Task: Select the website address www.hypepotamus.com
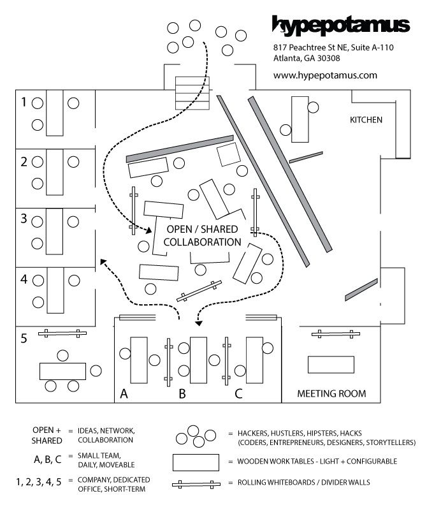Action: point(325,75)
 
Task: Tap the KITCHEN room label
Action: point(366,120)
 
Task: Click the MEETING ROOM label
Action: point(331,393)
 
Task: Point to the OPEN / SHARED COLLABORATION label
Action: point(202,236)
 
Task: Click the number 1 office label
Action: point(24,102)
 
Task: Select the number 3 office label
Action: point(24,219)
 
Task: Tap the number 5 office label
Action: point(24,339)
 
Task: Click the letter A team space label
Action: point(124,394)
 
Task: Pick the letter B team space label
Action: point(182,394)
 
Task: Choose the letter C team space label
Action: point(238,394)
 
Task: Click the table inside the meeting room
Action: point(331,365)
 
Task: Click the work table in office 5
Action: point(62,370)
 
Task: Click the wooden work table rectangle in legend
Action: point(199,461)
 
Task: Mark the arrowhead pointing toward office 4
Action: point(102,261)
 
